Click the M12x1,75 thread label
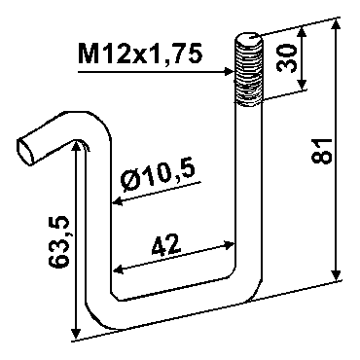pos(140,54)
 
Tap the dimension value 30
pos(287,58)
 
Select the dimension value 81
pos(323,150)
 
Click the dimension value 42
pos(165,245)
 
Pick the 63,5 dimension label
pos(59,241)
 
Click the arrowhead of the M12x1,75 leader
pos(229,71)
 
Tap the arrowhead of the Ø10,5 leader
pos(116,202)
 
